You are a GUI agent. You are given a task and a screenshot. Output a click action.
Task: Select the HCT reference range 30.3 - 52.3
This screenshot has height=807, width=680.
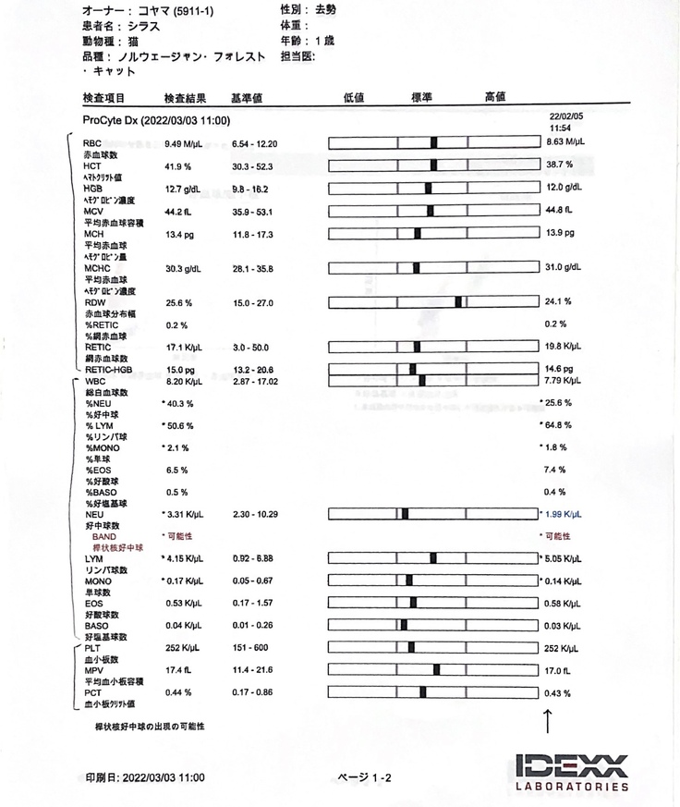click(254, 166)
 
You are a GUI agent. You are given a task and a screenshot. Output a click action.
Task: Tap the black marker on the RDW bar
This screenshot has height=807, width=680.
click(458, 302)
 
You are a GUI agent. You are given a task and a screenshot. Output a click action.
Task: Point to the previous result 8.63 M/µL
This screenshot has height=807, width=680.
click(565, 142)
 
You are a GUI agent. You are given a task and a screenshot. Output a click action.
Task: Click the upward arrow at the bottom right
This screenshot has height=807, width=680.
click(548, 721)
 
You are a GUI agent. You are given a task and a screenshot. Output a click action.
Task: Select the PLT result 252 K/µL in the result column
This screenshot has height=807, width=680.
click(184, 648)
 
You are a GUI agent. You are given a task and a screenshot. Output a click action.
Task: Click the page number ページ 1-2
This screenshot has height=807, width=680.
click(366, 778)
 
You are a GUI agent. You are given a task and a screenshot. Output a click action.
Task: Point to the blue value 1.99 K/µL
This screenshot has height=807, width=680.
click(565, 515)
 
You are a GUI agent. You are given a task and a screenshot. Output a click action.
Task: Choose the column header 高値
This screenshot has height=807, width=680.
click(495, 97)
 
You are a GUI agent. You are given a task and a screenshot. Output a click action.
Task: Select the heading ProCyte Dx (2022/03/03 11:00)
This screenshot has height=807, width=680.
click(156, 121)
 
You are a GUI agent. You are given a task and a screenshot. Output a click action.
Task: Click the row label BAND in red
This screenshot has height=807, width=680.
click(103, 536)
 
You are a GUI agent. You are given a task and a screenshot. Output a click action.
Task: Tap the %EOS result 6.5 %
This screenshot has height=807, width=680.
click(176, 470)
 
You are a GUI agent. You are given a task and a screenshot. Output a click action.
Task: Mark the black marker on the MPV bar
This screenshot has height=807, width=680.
click(436, 670)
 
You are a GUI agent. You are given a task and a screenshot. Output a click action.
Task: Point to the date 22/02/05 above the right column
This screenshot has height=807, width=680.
click(566, 116)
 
